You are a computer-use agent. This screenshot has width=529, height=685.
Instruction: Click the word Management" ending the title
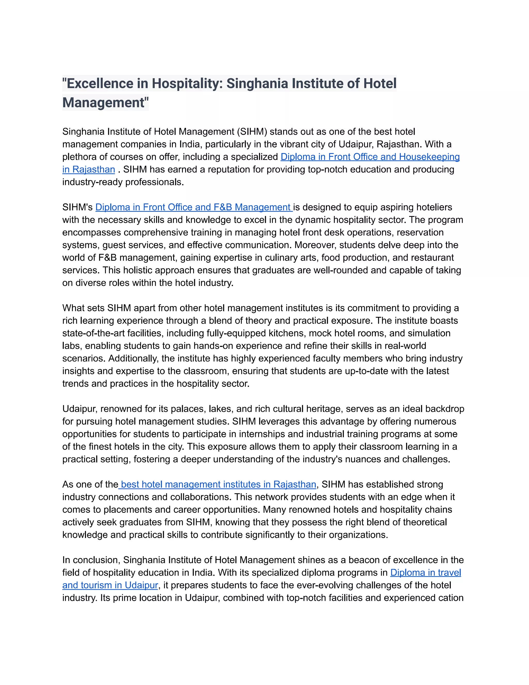(x=105, y=103)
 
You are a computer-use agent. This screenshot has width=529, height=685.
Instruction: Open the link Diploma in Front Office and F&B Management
(x=194, y=207)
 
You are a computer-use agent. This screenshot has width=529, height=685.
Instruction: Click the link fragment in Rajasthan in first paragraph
(x=89, y=169)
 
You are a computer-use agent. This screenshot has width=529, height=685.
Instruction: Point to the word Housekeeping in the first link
(x=429, y=157)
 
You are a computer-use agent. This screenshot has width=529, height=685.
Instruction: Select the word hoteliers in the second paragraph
(x=434, y=207)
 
